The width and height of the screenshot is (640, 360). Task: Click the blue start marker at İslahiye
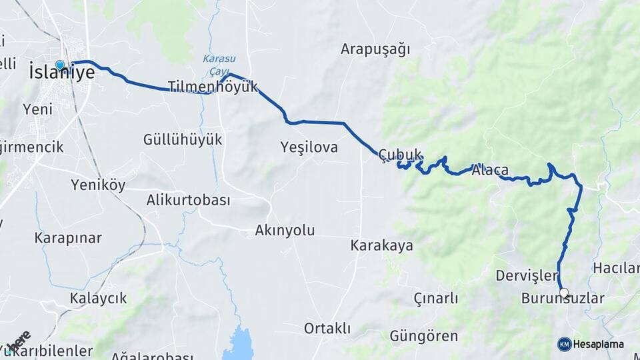[x=60, y=65]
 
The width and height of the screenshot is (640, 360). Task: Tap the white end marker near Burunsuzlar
[x=564, y=293]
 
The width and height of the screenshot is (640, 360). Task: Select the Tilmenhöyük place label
[x=212, y=87]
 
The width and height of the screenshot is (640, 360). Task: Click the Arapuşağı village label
[x=375, y=49]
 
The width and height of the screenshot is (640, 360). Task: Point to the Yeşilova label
[x=309, y=147]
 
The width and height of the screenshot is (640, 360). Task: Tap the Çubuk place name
[x=400, y=155]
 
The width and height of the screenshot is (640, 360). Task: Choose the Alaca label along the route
[x=490, y=170]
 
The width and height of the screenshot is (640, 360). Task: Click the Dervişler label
[x=526, y=275]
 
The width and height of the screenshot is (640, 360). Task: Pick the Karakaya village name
[x=381, y=245]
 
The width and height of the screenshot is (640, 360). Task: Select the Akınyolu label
[x=285, y=231]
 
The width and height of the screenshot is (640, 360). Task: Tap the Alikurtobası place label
[x=188, y=200]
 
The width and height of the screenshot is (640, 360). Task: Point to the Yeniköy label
[x=98, y=185]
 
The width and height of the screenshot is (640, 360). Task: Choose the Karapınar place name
[x=68, y=238]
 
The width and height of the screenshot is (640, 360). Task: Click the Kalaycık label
[x=98, y=298]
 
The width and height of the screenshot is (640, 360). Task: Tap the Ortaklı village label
[x=327, y=328]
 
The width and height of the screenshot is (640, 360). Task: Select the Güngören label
[x=423, y=336]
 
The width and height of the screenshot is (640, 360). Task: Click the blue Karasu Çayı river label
[x=215, y=63]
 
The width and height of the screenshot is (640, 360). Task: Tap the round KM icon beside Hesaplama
[x=564, y=344]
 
